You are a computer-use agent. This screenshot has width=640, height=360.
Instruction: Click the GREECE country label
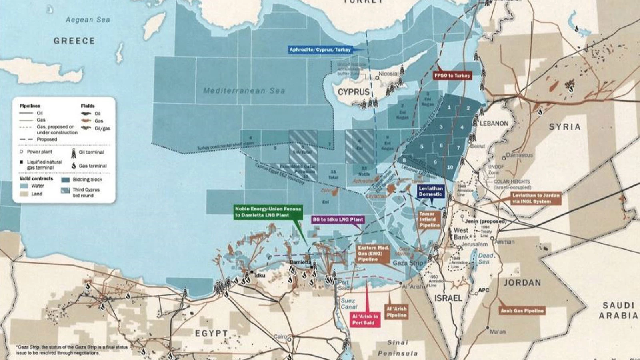coord(74,41)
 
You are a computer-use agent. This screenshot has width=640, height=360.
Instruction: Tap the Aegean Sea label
coord(88,20)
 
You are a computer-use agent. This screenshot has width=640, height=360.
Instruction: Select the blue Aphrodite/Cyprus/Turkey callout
coord(320,50)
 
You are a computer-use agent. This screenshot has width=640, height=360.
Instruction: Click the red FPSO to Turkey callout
coord(452,75)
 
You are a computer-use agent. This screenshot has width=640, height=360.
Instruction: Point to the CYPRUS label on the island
coord(354,92)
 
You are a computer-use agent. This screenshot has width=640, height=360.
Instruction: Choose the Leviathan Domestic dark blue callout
coord(430,191)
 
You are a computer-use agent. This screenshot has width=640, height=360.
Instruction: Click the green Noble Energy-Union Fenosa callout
coord(268,212)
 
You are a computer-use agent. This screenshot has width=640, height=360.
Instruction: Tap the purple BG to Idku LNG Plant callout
coord(338,220)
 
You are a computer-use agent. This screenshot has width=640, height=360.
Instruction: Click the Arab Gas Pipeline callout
coord(522,310)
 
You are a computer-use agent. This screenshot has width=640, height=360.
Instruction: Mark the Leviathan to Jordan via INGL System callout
coord(536,198)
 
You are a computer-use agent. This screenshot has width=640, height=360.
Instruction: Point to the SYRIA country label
coord(564,127)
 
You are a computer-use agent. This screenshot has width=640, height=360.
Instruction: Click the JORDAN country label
coord(522,283)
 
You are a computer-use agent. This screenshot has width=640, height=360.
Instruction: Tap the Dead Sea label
coord(486,258)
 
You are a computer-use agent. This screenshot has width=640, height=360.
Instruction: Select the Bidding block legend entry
coord(87,180)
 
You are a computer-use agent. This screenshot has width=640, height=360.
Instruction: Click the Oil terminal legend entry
coord(91,152)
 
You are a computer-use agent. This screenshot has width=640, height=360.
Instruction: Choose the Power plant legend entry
coord(39,152)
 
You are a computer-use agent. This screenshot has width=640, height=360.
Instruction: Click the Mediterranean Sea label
coord(244,91)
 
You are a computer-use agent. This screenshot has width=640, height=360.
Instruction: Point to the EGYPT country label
coord(211,333)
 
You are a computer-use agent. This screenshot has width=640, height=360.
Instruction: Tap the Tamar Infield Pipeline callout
coord(429,220)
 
